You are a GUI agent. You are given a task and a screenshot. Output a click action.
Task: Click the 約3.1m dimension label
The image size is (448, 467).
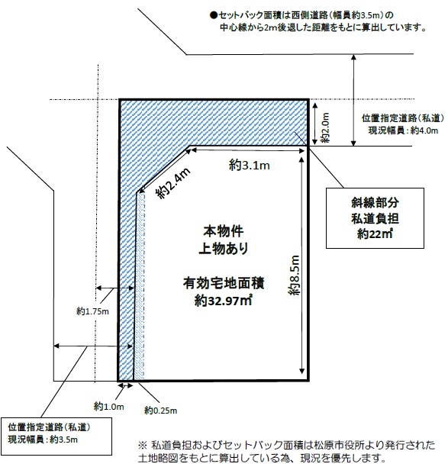pos(250,165)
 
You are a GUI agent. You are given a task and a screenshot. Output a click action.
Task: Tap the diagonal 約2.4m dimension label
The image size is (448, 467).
pos(173,183)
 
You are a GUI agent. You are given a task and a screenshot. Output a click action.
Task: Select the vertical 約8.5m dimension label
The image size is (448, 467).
pos(294,275)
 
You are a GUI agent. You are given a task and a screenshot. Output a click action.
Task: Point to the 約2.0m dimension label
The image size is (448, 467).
pos(325,127)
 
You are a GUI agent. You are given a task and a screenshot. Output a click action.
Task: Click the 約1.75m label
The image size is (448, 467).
pos(92,311)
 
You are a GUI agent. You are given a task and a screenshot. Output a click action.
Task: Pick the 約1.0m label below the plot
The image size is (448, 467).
pos(108,407)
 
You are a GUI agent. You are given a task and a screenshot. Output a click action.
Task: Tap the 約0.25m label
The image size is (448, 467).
pos(160,411)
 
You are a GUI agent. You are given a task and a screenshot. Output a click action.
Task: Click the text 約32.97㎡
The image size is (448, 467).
pos(224,301)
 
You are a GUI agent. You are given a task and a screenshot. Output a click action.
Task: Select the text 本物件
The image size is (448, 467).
pos(224,231)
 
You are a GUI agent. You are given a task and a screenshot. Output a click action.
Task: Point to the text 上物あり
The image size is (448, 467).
pos(224,249)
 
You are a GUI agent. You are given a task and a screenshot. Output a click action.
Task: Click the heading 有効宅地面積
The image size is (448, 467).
pos(224,283)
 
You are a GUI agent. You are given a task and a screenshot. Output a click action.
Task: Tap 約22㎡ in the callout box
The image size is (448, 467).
pos(375,234)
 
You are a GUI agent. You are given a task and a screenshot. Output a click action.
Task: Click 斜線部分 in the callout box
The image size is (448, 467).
pos(375,202)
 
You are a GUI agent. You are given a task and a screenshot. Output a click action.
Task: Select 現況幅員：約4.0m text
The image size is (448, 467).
pos(403,130)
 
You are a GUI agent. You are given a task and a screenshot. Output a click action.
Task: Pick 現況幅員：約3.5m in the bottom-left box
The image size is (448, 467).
pos(43,440)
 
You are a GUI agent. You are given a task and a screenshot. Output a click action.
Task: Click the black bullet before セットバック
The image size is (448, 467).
pos(213,15)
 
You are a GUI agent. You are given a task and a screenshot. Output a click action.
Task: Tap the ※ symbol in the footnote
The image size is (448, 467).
pos(142,446)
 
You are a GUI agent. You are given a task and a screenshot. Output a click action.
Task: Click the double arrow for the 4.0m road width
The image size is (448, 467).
pos(353,100)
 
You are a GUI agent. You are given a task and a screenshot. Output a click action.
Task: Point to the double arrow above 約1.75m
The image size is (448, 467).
pos(114,288)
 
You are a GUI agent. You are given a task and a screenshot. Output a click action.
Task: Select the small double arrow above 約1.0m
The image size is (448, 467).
pos(125,385)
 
